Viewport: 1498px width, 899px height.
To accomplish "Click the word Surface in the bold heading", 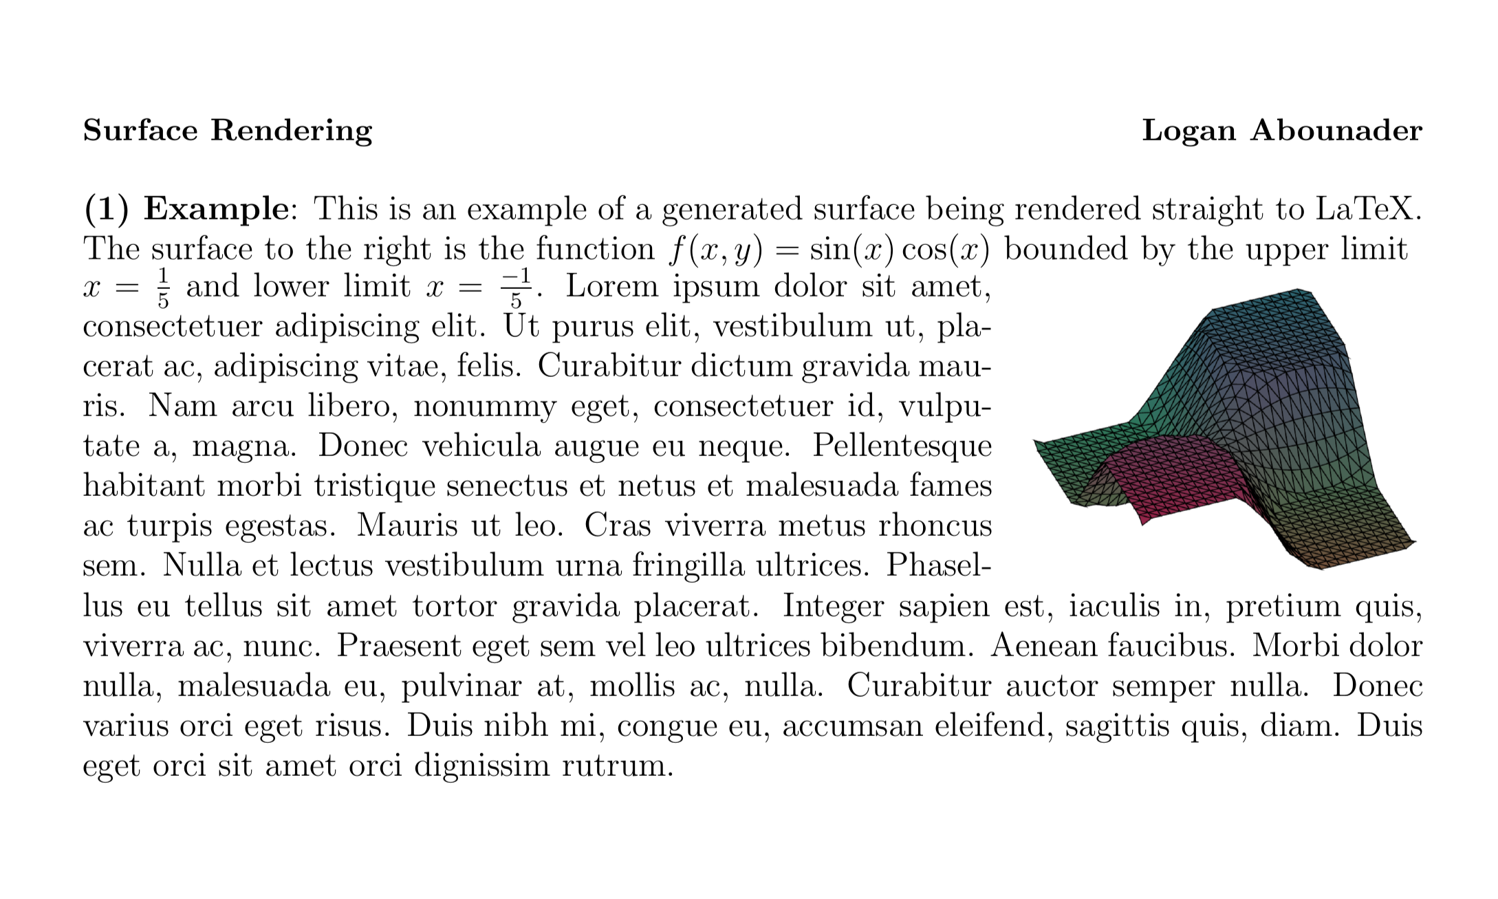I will [x=140, y=130].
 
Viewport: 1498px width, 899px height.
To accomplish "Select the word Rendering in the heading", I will [x=291, y=131].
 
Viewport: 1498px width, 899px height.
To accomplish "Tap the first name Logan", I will [x=1188, y=131].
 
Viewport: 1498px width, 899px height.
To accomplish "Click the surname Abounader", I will [x=1336, y=130].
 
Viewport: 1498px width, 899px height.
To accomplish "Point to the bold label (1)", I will [x=106, y=209].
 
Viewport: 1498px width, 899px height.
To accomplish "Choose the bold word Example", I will [x=216, y=209].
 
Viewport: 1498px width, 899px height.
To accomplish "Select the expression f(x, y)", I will [x=716, y=249].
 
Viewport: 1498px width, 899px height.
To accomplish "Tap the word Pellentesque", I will [x=902, y=447].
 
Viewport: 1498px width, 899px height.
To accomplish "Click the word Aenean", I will [x=1042, y=647].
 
